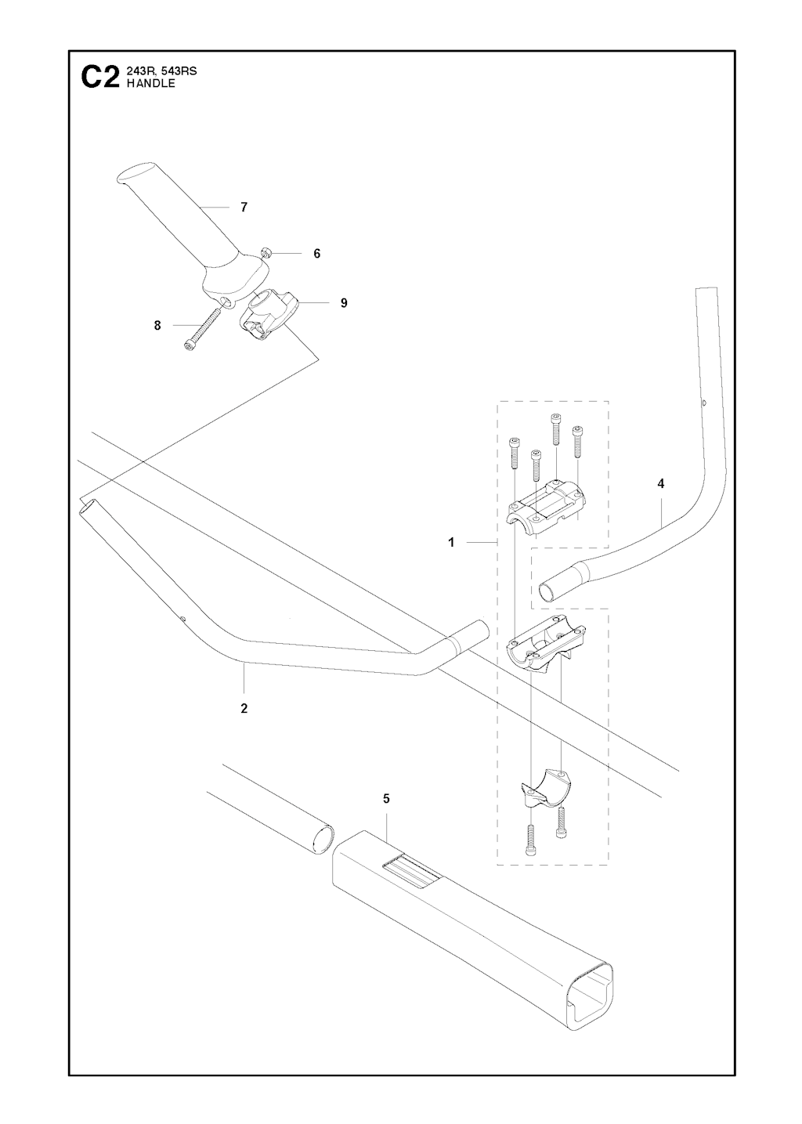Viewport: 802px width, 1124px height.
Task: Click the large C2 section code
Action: coord(100,78)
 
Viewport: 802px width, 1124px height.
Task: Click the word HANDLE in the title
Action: coord(151,84)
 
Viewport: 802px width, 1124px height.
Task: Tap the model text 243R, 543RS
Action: coord(161,71)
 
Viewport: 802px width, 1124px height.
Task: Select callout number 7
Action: coord(244,208)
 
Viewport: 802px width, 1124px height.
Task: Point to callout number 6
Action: coord(316,254)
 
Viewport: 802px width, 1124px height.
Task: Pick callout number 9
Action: coord(344,302)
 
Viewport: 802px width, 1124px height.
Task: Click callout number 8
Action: coord(157,326)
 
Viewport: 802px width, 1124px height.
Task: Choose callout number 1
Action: coord(451,543)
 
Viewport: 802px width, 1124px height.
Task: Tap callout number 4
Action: coord(661,484)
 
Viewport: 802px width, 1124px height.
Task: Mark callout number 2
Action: coord(244,709)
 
